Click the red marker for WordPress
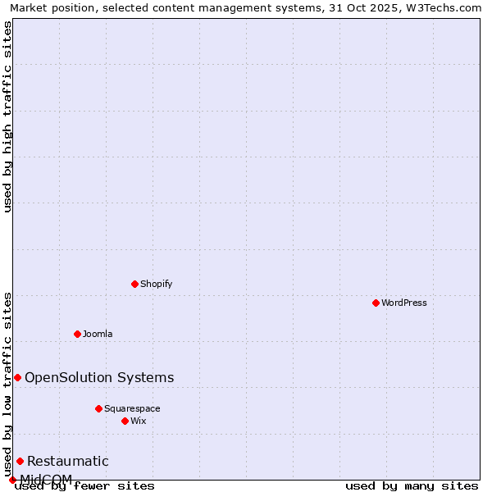376,303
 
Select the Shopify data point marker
134,284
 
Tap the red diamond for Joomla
77,334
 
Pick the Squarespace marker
98,408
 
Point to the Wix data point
125,421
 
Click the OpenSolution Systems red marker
17,377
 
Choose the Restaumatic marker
20,461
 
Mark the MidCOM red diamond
12,480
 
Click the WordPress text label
404,303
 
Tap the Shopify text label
156,284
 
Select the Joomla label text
98,334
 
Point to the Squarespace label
132,408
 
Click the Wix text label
139,421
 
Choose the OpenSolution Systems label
99,377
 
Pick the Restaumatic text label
68,461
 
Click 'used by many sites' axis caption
412,485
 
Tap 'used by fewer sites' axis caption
85,485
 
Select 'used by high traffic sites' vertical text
8,116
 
